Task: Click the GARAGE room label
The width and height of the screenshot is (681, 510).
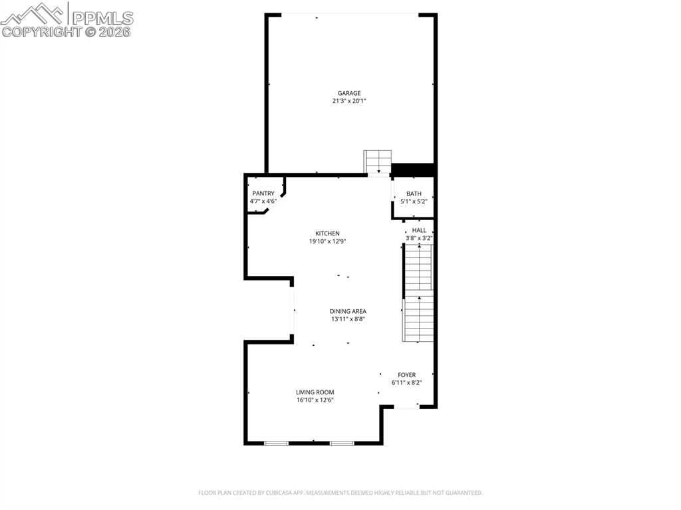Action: point(349,93)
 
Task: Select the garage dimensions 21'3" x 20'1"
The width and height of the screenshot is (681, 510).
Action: point(349,101)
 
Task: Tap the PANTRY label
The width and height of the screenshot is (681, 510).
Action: point(263,193)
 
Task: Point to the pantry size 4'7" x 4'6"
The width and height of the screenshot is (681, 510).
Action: point(263,201)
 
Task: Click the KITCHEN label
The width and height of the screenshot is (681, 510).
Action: point(327,233)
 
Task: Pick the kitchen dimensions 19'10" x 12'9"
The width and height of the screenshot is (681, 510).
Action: point(327,241)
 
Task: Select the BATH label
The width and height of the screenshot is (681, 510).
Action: point(414,193)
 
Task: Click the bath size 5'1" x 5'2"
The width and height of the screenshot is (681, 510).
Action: point(414,201)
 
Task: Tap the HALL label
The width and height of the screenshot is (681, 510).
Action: point(419,230)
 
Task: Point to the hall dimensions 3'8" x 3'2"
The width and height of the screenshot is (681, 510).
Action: point(419,238)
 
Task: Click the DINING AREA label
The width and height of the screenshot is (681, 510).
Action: point(348,311)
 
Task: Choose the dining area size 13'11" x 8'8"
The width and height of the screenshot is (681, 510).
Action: point(348,319)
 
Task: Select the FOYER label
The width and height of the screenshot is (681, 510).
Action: point(406,375)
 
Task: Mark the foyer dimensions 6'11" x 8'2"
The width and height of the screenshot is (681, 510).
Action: point(406,383)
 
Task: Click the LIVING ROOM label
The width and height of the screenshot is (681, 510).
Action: point(315,392)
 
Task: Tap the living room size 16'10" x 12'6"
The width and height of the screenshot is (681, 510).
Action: point(315,400)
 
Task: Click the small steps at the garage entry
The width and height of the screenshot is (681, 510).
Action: point(378,161)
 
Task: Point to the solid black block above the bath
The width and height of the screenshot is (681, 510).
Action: point(413,170)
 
